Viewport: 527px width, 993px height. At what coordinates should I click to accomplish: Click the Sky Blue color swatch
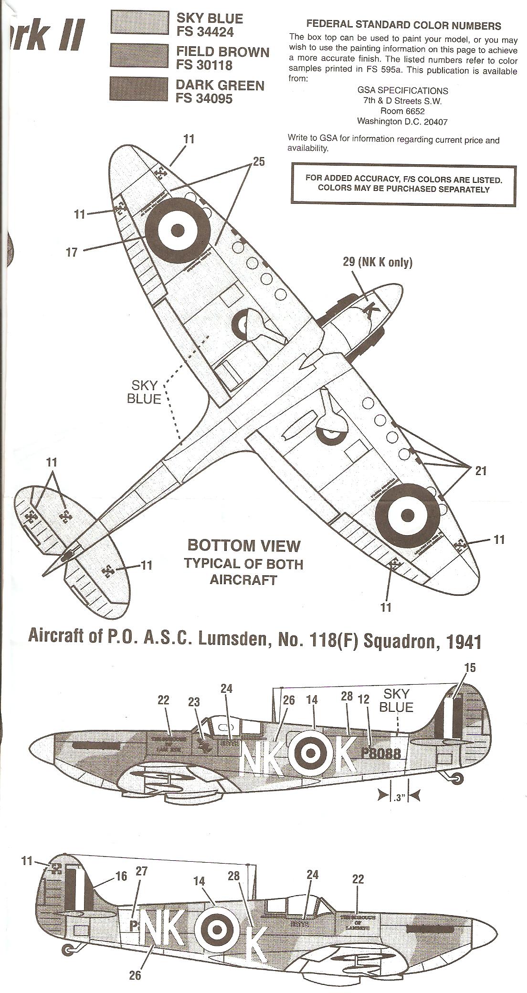[139, 22]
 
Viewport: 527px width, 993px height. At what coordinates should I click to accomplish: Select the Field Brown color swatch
[139, 55]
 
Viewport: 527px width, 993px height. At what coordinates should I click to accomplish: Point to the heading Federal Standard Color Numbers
[403, 25]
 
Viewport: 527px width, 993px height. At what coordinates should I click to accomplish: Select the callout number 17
[72, 252]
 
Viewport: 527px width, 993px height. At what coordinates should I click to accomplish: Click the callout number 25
[258, 161]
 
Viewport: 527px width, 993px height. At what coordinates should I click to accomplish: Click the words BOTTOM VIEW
[244, 545]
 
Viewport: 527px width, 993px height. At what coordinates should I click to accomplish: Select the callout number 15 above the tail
[470, 667]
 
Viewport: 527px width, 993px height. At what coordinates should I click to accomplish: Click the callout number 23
[194, 702]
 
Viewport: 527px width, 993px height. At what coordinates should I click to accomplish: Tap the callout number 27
[142, 871]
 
